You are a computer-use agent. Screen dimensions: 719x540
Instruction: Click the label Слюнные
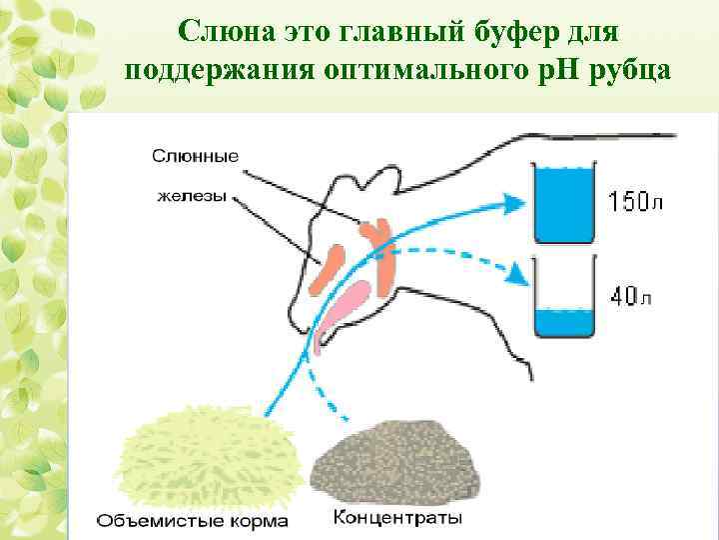[x=196, y=157]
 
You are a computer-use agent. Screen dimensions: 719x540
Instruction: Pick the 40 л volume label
[x=632, y=297]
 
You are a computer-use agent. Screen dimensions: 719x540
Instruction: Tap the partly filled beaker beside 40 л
[x=565, y=300]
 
